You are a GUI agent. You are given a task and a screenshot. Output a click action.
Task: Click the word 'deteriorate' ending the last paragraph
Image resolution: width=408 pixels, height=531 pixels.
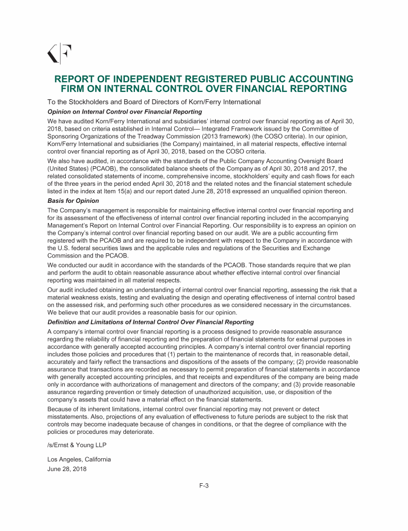(137, 432)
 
